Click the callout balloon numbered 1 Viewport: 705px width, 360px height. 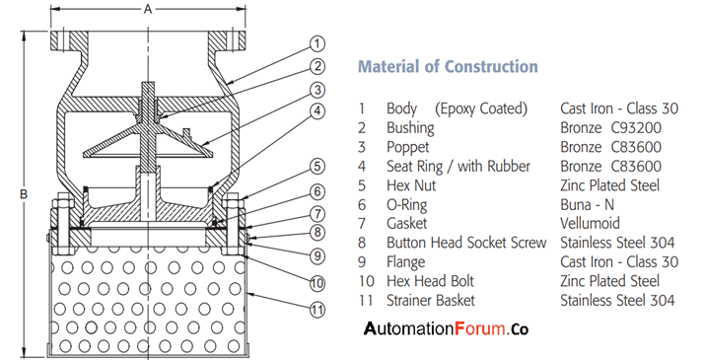pos(317,43)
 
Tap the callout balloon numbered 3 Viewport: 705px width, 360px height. pos(317,90)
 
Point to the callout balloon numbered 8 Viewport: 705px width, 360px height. pos(317,233)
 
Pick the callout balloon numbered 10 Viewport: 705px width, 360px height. pos(317,281)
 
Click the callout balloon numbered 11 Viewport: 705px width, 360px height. pos(317,310)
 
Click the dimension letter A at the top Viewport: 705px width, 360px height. pos(147,9)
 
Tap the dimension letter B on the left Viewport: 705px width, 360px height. pos(23,194)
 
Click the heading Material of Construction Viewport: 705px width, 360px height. pos(448,67)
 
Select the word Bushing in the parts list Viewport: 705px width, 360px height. pos(413,127)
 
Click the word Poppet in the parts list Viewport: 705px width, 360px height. pos(409,146)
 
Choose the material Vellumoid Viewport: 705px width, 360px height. pos(592,223)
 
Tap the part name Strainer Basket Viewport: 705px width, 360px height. pos(430,300)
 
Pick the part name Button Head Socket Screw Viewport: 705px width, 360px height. pos(466,243)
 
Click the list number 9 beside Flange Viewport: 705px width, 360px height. pos(363,261)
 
